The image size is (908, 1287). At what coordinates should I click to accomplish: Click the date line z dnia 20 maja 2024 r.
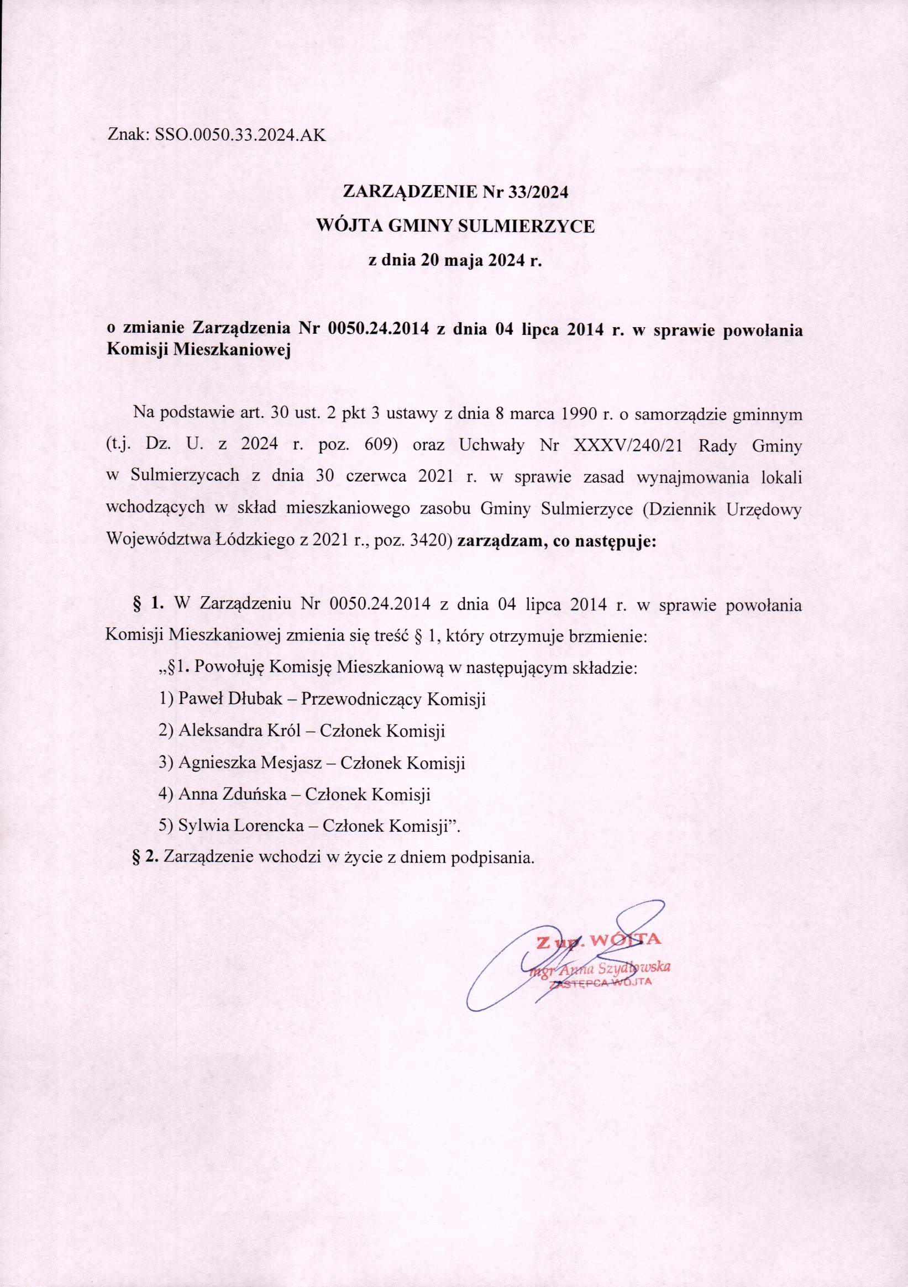(x=455, y=261)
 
